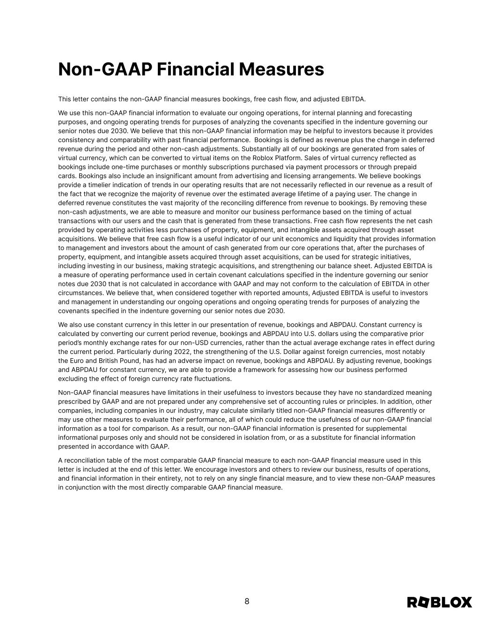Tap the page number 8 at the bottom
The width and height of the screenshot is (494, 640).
click(247, 602)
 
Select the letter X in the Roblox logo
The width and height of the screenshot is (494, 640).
click(465, 602)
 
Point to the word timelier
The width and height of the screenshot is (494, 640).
click(96, 185)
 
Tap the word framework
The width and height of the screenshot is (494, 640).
click(259, 369)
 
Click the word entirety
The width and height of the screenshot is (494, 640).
click(181, 478)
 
